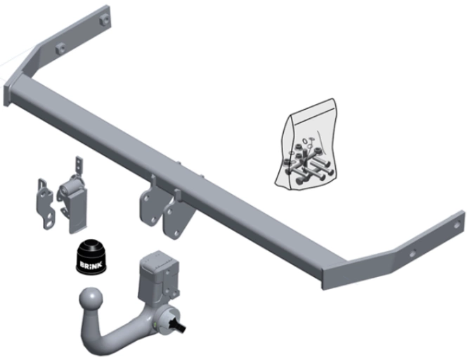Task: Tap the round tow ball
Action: pos(91,300)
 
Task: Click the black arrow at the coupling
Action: pos(177,325)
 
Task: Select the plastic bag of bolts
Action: pos(306,144)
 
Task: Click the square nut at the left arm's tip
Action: pos(104,20)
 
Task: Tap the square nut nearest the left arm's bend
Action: pos(60,48)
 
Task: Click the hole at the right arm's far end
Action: pos(457,224)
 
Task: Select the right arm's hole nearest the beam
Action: pos(412,254)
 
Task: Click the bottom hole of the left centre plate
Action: pos(153,220)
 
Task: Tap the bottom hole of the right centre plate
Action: pos(177,233)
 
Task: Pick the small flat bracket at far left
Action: pos(46,204)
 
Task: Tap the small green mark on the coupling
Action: pos(155,325)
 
